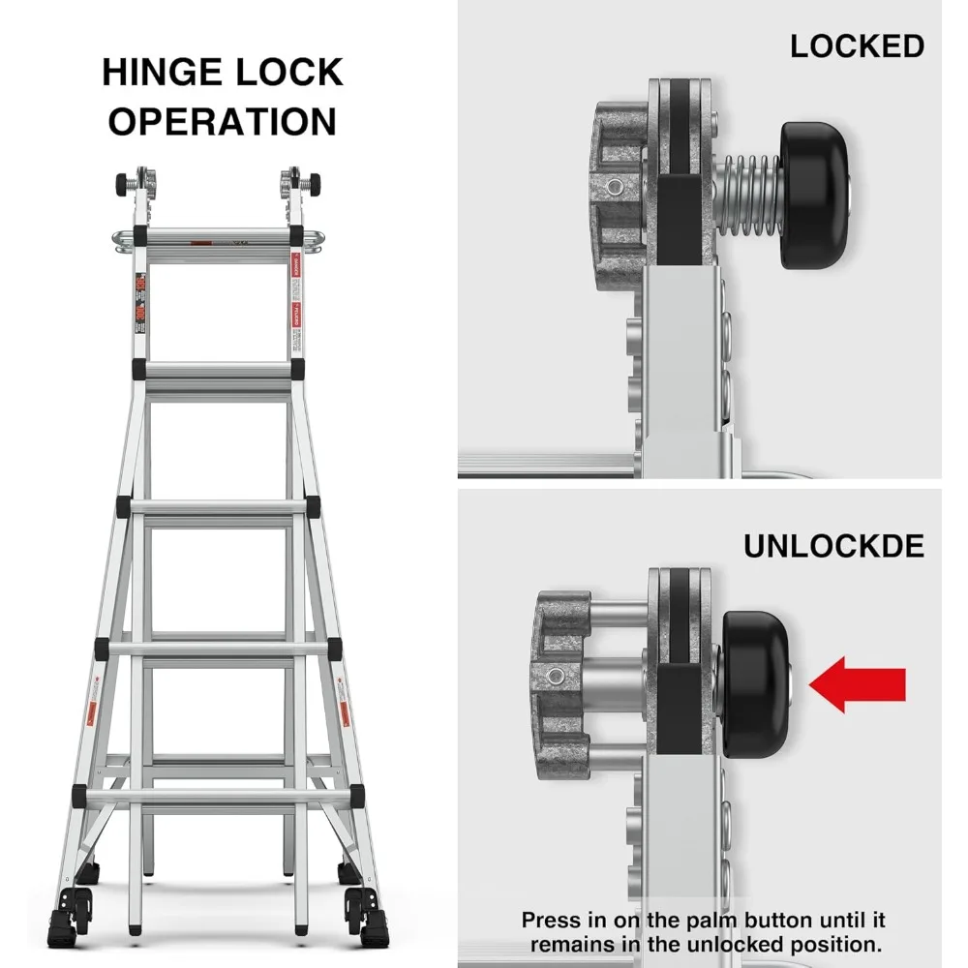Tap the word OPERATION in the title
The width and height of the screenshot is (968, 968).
pyautogui.click(x=223, y=123)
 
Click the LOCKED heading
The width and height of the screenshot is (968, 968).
pyautogui.click(x=857, y=46)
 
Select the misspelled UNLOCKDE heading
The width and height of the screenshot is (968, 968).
pyautogui.click(x=833, y=546)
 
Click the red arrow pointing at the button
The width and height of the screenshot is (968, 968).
pyautogui.click(x=858, y=684)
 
